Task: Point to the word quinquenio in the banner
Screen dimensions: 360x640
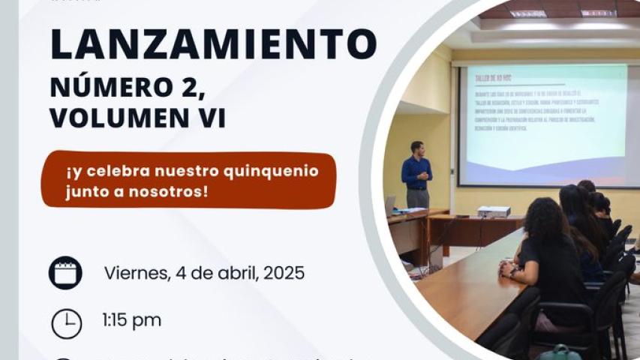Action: (x=272, y=171)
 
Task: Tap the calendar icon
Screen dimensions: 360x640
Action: (x=65, y=272)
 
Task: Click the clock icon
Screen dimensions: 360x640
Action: (x=66, y=323)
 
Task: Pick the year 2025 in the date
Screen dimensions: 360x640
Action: (x=281, y=272)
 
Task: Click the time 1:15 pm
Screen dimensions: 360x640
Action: (x=131, y=321)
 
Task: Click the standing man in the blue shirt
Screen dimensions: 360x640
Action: (x=416, y=175)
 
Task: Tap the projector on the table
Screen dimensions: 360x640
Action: (x=494, y=211)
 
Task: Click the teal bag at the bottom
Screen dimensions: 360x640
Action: (x=560, y=352)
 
